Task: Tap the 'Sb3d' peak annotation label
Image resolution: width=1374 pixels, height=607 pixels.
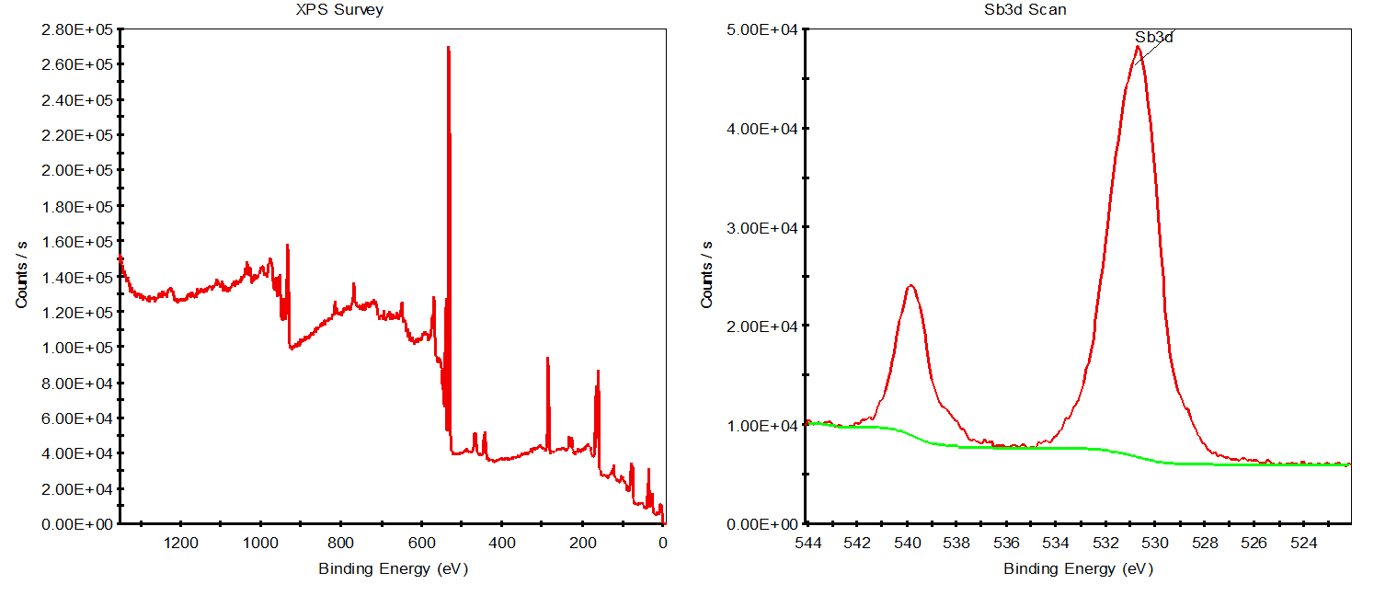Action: (x=1154, y=38)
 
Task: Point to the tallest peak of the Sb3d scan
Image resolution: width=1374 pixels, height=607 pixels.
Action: (x=1138, y=48)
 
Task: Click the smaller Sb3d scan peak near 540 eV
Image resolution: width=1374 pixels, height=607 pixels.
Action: (x=910, y=286)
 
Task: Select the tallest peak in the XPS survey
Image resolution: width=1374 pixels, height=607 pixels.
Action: (x=448, y=48)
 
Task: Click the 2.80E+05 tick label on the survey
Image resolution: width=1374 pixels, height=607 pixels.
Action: (x=76, y=29)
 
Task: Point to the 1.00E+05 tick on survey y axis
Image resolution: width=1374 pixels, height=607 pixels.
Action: (x=76, y=348)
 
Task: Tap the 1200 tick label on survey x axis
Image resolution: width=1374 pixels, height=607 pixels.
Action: (x=181, y=543)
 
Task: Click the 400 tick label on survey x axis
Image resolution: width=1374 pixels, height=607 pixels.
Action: (x=502, y=543)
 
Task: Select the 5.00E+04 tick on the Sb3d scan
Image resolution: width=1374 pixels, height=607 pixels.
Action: (x=762, y=29)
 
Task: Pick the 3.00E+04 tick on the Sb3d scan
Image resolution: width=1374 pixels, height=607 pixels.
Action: (x=762, y=227)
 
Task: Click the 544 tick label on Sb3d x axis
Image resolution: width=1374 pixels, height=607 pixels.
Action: (x=807, y=543)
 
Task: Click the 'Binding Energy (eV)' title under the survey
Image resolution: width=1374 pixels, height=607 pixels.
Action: (x=393, y=568)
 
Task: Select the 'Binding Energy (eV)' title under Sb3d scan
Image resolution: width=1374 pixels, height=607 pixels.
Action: (x=1078, y=568)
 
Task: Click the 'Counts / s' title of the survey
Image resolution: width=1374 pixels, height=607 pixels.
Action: (x=21, y=273)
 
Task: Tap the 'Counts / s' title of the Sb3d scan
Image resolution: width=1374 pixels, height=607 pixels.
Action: (x=707, y=273)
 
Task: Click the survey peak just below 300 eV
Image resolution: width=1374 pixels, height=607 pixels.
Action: (x=547, y=360)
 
